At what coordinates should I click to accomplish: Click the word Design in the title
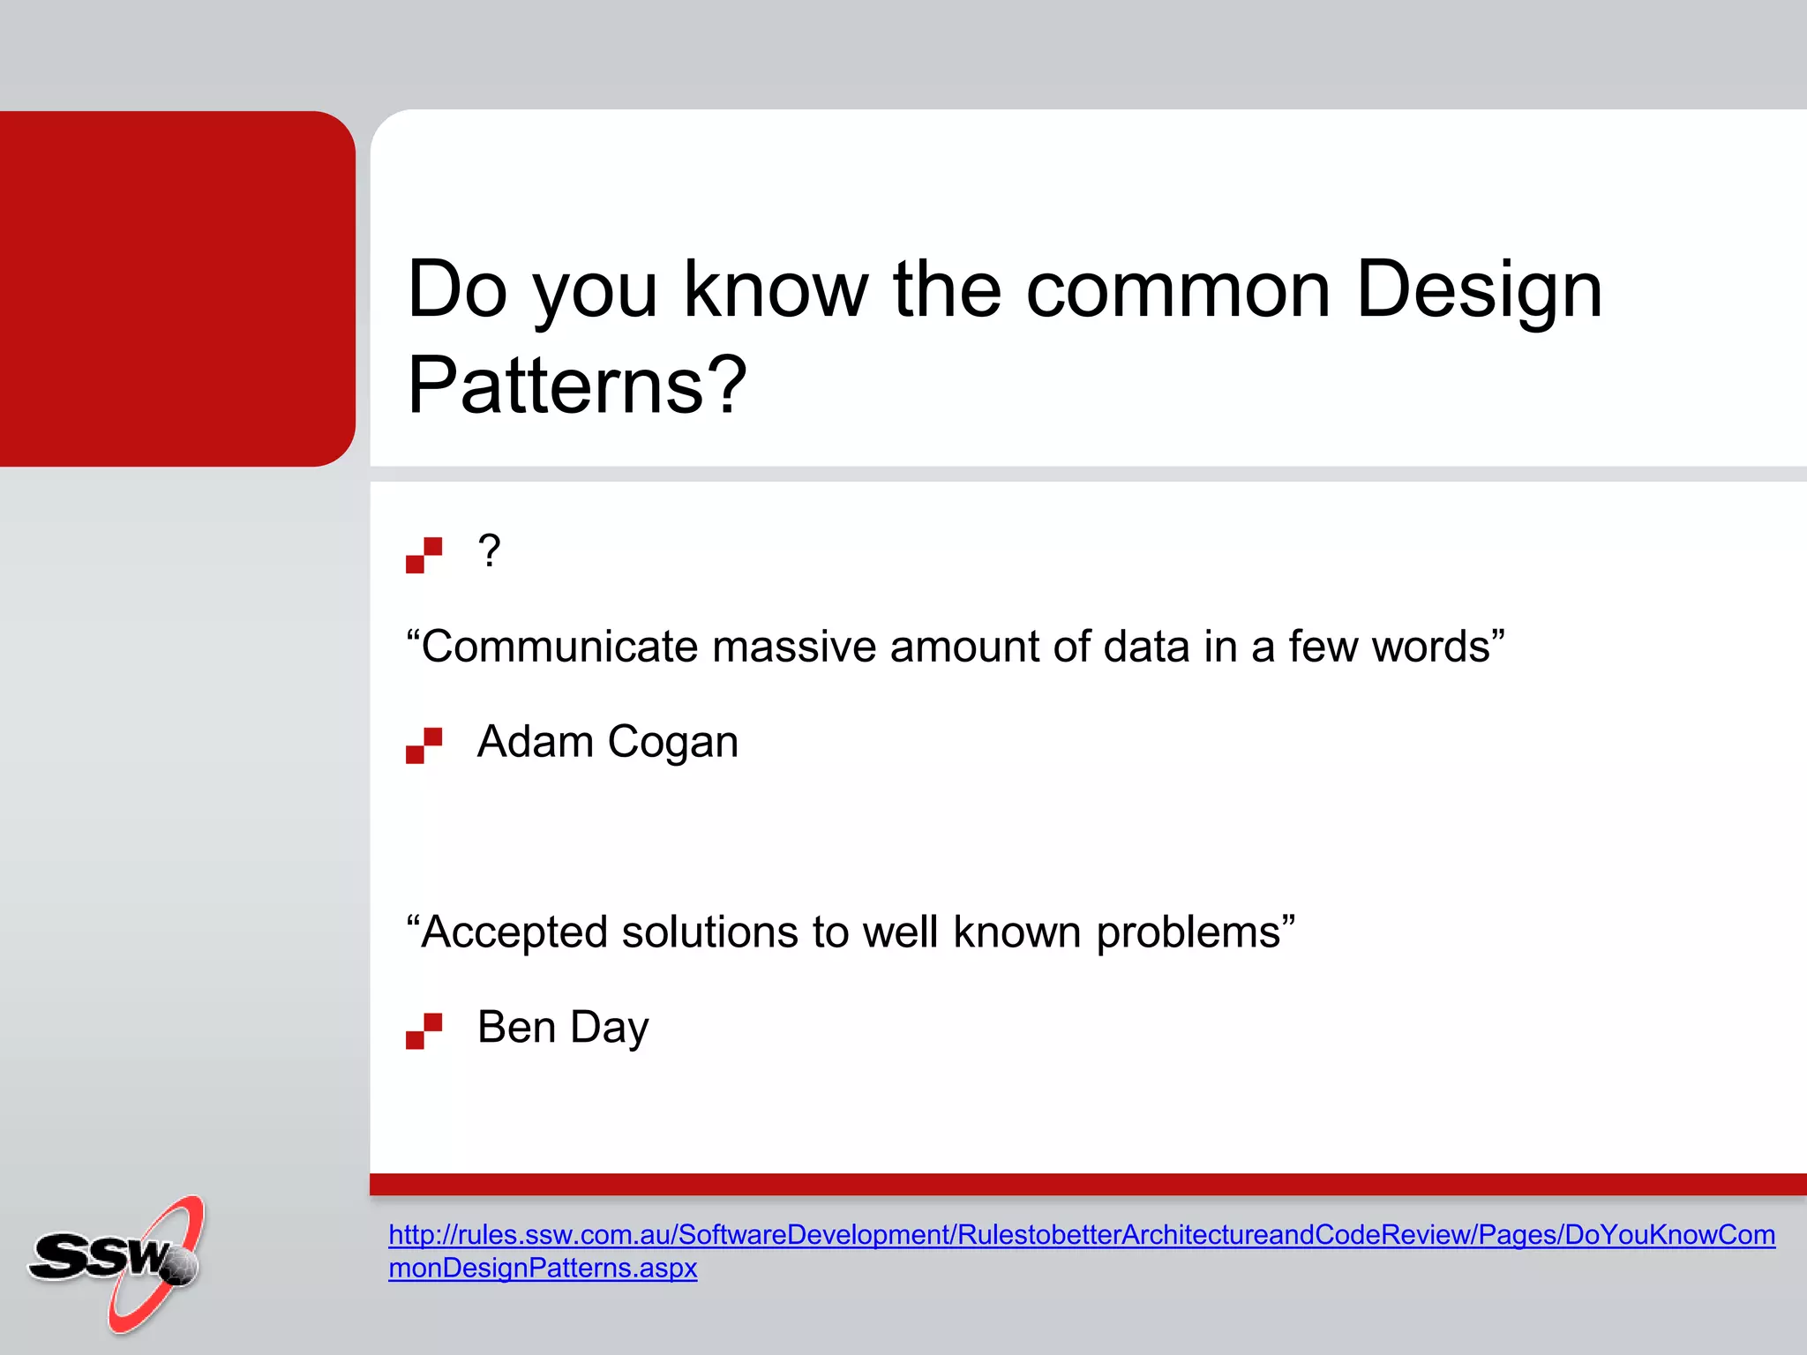pos(1479,291)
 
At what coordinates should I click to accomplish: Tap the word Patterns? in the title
pos(577,386)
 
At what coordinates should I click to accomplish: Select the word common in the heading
pos(1178,291)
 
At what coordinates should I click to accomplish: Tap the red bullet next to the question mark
pos(424,555)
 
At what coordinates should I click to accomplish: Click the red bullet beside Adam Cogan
pos(424,745)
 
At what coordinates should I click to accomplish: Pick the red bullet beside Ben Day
pos(424,1030)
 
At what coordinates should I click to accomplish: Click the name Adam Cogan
pos(607,742)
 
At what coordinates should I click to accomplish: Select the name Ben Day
pos(563,1028)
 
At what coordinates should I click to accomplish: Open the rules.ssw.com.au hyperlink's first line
pos(1081,1234)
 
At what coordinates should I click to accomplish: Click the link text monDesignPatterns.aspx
pos(543,1268)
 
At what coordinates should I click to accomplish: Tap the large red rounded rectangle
pos(176,288)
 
